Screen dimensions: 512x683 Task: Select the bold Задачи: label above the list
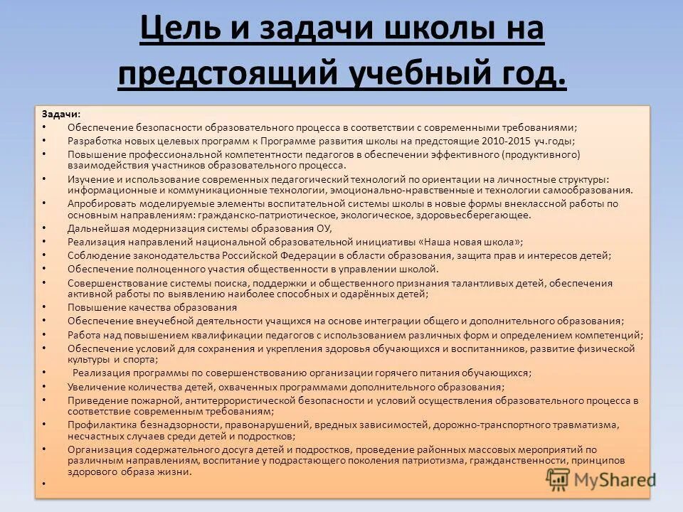[x=60, y=114]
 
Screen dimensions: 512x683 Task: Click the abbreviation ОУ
[x=324, y=228]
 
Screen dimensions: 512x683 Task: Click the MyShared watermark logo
[x=601, y=480]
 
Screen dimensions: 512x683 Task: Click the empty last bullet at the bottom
[x=43, y=484]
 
